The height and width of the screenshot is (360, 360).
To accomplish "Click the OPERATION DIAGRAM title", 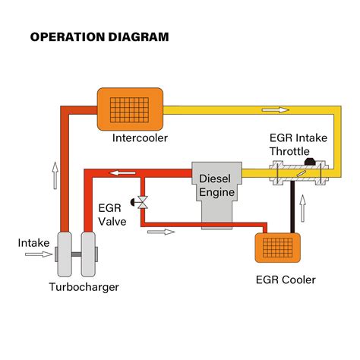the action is tap(99, 37).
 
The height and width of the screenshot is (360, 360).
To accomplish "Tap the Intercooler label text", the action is tap(140, 138).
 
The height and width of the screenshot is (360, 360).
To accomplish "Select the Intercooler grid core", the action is tap(129, 109).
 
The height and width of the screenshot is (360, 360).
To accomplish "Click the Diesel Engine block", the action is tap(216, 196).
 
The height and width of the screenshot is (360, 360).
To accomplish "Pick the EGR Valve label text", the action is tap(112, 215).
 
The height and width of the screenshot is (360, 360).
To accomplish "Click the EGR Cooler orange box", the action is tap(278, 248).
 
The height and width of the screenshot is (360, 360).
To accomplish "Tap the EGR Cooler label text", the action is tap(286, 279).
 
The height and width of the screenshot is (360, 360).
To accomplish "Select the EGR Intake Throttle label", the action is tap(298, 144).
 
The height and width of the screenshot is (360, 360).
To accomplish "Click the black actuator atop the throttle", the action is tap(310, 162).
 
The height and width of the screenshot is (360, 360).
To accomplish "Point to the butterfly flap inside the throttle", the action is tap(302, 174).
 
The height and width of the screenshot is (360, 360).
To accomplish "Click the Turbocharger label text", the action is tap(84, 287).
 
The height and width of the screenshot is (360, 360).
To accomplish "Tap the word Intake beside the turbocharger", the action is tap(33, 243).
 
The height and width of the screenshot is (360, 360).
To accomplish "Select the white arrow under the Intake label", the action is tap(39, 254).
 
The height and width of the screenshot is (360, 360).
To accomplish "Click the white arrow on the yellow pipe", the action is tap(276, 110).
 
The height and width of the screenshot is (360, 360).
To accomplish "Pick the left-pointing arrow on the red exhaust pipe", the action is tap(122, 173).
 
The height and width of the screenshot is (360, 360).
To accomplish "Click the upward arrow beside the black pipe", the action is tap(302, 208).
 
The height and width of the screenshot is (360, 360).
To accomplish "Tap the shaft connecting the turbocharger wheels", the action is tap(76, 254).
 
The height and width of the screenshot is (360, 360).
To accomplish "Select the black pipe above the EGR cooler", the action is tap(292, 207).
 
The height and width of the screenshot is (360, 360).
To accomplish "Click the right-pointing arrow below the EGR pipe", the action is tap(161, 232).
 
